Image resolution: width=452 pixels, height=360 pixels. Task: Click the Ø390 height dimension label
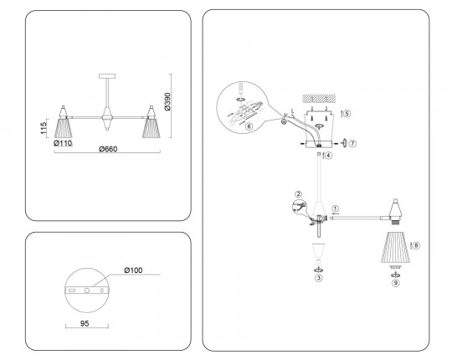click(x=167, y=101)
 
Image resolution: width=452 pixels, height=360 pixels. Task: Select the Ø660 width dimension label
click(x=108, y=149)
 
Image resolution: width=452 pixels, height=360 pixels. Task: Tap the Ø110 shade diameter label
click(x=63, y=143)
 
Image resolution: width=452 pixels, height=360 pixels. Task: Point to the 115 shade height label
click(x=44, y=128)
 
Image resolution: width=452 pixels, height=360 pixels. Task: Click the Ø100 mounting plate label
click(x=133, y=270)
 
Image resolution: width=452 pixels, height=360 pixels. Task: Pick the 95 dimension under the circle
click(x=85, y=323)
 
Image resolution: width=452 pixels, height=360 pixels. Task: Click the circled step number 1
click(x=336, y=208)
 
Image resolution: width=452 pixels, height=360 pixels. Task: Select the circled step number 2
click(x=298, y=194)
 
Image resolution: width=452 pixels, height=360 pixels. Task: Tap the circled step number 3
click(x=319, y=278)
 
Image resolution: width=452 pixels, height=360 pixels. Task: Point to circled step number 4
click(x=328, y=156)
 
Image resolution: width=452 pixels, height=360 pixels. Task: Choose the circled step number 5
click(x=347, y=113)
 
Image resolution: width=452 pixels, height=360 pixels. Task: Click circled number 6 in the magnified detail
click(x=249, y=126)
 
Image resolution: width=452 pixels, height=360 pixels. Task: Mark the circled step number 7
click(x=353, y=143)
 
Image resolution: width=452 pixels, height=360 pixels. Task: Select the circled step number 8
click(x=416, y=245)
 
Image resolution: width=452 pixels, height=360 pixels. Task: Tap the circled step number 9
click(x=396, y=283)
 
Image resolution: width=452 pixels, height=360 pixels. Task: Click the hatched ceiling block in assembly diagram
click(x=319, y=99)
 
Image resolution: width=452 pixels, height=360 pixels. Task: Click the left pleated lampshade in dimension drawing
click(x=63, y=128)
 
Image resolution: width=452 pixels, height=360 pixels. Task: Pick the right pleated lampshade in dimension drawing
click(x=151, y=128)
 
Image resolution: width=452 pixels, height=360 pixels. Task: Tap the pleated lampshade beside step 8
click(x=395, y=247)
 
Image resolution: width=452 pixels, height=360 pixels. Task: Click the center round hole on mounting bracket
click(x=87, y=291)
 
